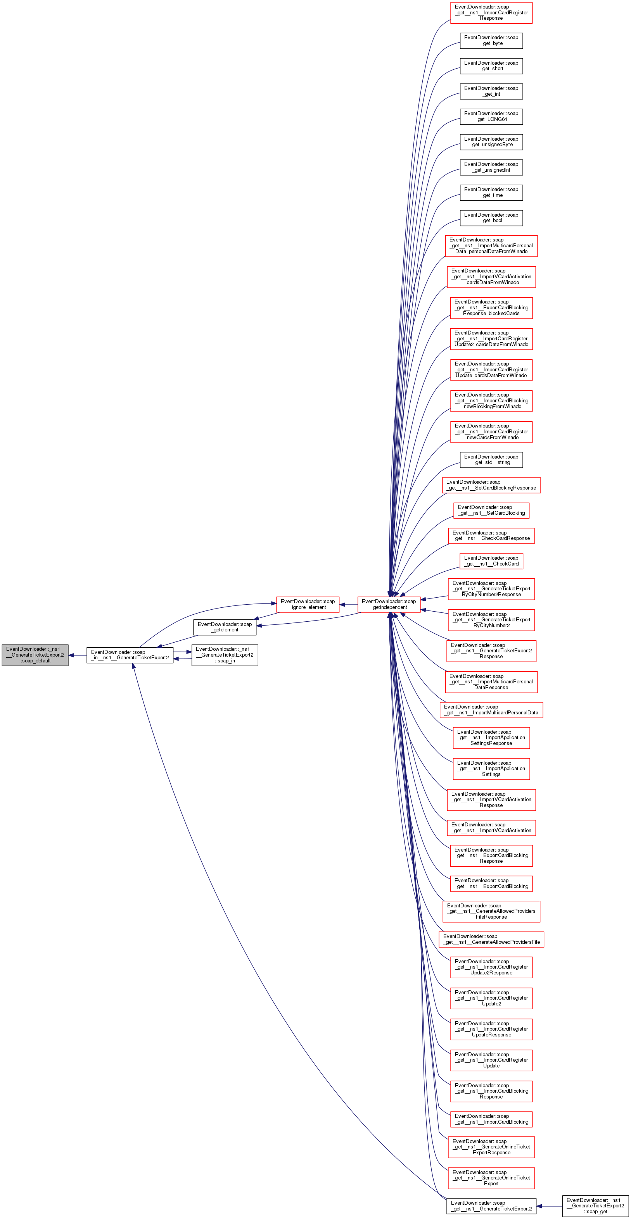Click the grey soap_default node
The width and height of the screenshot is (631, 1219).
(35, 655)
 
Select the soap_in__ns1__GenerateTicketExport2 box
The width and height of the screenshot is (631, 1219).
(130, 655)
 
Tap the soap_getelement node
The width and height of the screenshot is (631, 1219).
(225, 627)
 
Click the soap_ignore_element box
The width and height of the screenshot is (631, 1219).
(308, 604)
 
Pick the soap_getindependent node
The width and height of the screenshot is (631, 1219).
(389, 604)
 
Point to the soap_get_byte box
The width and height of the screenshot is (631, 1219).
(491, 40)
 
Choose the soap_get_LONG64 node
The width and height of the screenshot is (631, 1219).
(491, 116)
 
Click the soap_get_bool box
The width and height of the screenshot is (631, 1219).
(491, 218)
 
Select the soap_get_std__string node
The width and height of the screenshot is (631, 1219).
(491, 459)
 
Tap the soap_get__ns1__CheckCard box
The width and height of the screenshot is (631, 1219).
(491, 561)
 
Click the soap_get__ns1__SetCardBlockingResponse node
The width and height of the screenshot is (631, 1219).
(491, 485)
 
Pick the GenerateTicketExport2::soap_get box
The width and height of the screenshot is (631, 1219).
(595, 1206)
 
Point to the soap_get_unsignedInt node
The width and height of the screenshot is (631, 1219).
(491, 167)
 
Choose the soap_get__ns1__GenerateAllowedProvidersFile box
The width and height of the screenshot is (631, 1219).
(491, 939)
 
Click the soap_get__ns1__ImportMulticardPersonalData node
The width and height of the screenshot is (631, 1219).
(491, 710)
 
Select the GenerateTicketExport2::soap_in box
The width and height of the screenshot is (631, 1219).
(225, 655)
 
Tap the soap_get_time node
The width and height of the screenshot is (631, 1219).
(491, 192)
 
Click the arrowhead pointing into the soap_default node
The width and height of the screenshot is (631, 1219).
(71, 655)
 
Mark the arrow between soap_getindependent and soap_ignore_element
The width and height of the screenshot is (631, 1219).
(348, 605)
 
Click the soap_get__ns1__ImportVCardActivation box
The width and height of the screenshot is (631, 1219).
(491, 828)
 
